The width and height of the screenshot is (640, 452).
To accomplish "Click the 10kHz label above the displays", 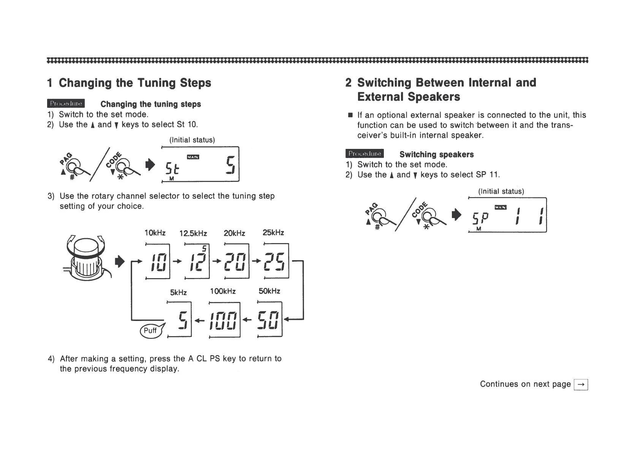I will point(155,232).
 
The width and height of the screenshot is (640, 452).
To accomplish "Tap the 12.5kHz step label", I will point(193,233).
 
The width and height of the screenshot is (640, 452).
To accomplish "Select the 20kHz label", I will point(234,233).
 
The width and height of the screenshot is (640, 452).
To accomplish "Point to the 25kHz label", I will point(273,232).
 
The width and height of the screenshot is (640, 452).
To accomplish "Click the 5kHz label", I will point(178,292).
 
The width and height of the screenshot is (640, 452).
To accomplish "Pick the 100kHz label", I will point(223,291).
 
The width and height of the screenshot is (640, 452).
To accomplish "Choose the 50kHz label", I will point(269,291).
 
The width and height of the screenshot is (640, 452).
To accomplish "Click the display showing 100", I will point(224,319).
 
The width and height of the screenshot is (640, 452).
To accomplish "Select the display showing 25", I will point(276,261).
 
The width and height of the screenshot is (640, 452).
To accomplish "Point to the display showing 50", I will point(269,319).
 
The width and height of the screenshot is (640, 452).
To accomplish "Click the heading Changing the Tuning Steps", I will point(129,83).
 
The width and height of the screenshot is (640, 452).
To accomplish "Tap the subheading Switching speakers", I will point(436,155).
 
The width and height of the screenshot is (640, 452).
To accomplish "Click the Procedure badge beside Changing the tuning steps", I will point(66,103).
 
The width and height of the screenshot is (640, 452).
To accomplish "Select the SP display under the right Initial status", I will point(507,215).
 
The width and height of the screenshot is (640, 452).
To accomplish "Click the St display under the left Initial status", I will point(200,164).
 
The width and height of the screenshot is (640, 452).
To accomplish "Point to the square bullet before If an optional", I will point(349,115).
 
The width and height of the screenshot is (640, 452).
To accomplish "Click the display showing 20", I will point(236,261).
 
